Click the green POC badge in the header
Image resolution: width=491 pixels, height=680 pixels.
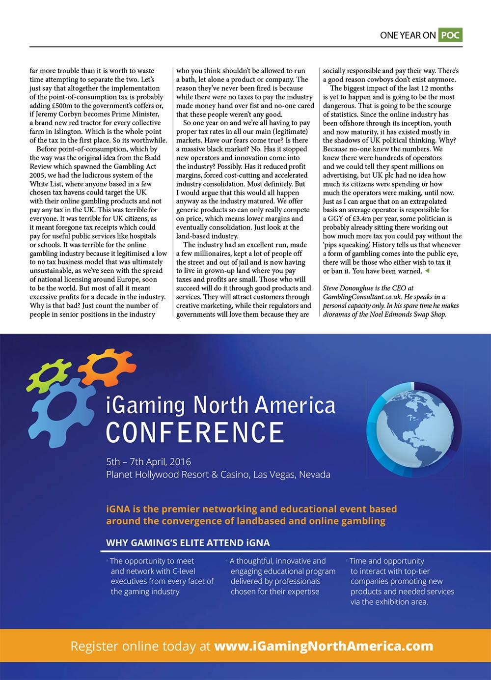(x=450, y=35)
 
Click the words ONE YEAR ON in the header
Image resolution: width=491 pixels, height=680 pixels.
(x=408, y=35)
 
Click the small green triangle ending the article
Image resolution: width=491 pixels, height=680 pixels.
(x=427, y=271)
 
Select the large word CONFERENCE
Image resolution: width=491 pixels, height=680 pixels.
(x=195, y=432)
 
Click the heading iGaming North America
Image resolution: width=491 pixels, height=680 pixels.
(x=221, y=405)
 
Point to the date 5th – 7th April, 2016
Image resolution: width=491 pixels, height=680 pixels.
(x=149, y=462)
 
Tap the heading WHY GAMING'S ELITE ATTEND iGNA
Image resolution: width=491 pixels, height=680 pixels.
(x=188, y=543)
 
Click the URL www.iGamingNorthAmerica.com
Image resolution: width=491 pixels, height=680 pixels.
(x=324, y=646)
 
